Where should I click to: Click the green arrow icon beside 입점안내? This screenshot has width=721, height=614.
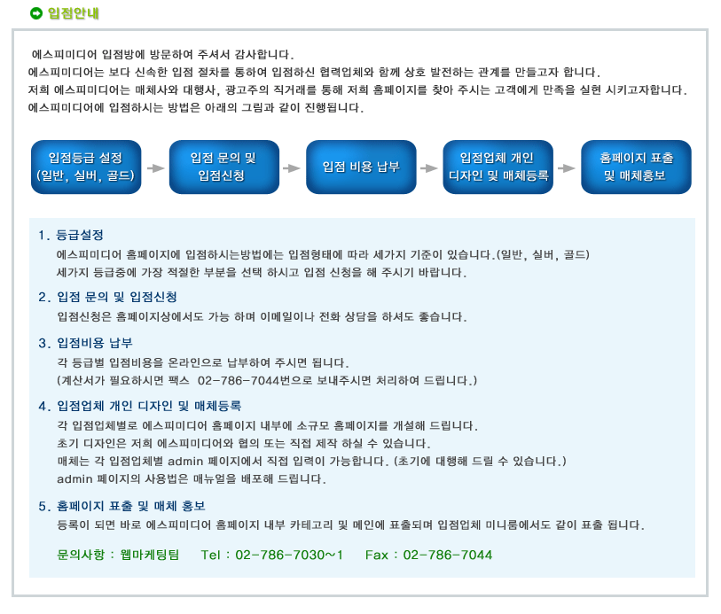point(35,13)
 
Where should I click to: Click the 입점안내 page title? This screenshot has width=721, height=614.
point(74,13)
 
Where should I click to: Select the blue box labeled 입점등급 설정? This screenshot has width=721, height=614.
point(86,167)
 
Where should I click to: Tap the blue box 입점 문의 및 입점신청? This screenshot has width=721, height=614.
point(224,167)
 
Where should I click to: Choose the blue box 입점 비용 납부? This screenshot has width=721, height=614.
point(361,167)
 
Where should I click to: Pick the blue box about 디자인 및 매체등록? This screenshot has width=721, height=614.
point(498,167)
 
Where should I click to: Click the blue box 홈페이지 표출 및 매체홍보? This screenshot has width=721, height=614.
point(636,167)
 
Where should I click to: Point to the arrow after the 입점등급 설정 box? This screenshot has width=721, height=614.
point(155,168)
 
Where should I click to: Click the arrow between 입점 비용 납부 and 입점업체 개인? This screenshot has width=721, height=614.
point(429,168)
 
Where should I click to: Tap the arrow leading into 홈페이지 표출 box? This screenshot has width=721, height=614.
point(567,168)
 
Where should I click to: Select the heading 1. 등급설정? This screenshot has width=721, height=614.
point(71,235)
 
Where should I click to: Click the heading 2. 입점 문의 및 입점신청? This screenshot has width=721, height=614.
point(107,297)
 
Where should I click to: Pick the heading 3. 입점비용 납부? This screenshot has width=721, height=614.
point(85,343)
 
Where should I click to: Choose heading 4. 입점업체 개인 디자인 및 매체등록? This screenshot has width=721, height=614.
point(140,406)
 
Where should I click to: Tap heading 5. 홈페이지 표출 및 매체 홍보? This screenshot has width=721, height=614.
point(121,506)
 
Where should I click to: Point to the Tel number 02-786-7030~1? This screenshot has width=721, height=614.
point(289,555)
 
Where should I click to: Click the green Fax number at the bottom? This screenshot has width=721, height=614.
point(447,555)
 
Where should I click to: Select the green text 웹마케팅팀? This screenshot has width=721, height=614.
point(150,555)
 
